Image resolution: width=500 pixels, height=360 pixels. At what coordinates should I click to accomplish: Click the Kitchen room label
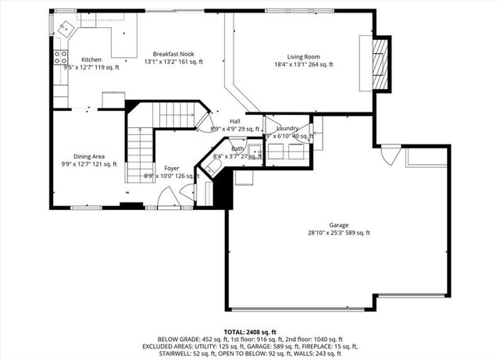pyautogui.click(x=91, y=60)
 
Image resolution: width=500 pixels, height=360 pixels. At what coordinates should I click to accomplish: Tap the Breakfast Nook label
pyautogui.click(x=173, y=53)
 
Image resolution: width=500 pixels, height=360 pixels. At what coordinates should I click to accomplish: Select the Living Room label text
pyautogui.click(x=303, y=56)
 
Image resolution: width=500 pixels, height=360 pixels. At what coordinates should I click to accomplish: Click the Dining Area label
pyautogui.click(x=89, y=156)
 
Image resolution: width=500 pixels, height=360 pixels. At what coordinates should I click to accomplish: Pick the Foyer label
pyautogui.click(x=171, y=168)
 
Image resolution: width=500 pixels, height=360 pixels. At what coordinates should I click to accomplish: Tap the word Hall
pyautogui.click(x=234, y=121)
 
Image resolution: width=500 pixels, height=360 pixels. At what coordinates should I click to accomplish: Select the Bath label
pyautogui.click(x=237, y=148)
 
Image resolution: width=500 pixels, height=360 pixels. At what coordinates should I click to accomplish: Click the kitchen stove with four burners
pyautogui.click(x=59, y=56)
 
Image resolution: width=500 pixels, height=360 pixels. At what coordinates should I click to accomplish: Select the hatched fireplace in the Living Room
pyautogui.click(x=380, y=64)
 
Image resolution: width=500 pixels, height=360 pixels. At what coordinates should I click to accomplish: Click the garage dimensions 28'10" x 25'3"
pyautogui.click(x=338, y=233)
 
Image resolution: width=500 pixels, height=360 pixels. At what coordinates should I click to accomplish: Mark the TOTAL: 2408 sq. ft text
pyautogui.click(x=249, y=332)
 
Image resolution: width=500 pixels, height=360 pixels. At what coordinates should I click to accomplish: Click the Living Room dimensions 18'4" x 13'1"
pyautogui.click(x=303, y=65)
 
